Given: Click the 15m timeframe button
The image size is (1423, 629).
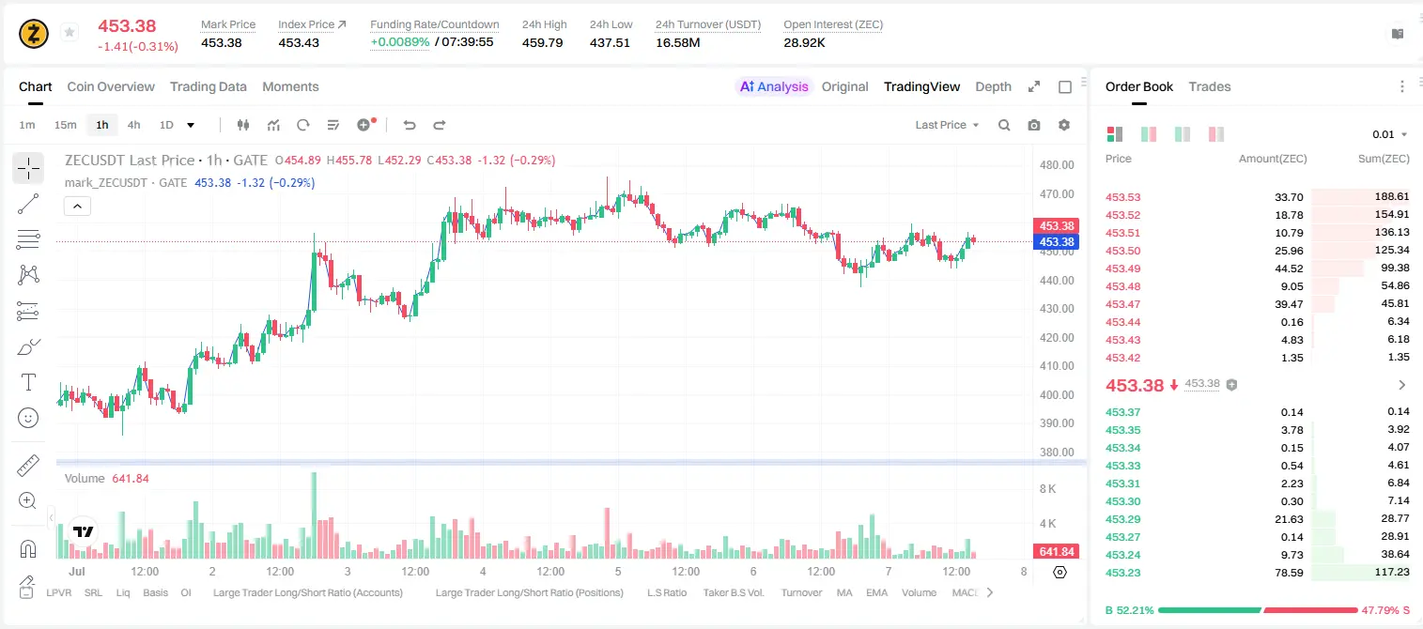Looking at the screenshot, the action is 65,125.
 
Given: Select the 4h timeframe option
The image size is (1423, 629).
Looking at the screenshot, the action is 133,125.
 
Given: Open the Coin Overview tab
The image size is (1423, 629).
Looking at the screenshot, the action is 111,86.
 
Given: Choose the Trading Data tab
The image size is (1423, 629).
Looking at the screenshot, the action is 208,86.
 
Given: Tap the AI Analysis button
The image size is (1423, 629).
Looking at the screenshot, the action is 774,86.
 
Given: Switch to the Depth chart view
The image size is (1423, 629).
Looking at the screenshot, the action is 993,86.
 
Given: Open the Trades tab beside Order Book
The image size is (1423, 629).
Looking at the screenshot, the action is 1210,86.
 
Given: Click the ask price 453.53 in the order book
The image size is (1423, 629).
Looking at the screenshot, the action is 1122,197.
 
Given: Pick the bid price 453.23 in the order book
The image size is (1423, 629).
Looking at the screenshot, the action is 1122,573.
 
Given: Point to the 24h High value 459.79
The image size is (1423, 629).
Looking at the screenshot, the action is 543,42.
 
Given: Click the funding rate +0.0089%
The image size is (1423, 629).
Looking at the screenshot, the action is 399,42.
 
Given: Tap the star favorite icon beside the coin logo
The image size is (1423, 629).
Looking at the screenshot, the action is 70,32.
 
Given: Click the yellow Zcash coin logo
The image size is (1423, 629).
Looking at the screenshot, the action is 34,34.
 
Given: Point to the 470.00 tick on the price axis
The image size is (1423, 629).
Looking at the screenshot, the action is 1057,194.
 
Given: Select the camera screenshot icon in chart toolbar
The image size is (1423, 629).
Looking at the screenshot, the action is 1034,125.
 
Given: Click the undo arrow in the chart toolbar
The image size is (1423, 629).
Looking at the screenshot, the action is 410,125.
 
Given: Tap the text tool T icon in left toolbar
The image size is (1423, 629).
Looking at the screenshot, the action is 28,382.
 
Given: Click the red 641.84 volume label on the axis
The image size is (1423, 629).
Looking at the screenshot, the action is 1056,552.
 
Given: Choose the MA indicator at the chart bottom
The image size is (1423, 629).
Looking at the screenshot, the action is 844,592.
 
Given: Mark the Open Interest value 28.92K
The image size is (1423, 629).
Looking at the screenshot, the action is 804,42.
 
